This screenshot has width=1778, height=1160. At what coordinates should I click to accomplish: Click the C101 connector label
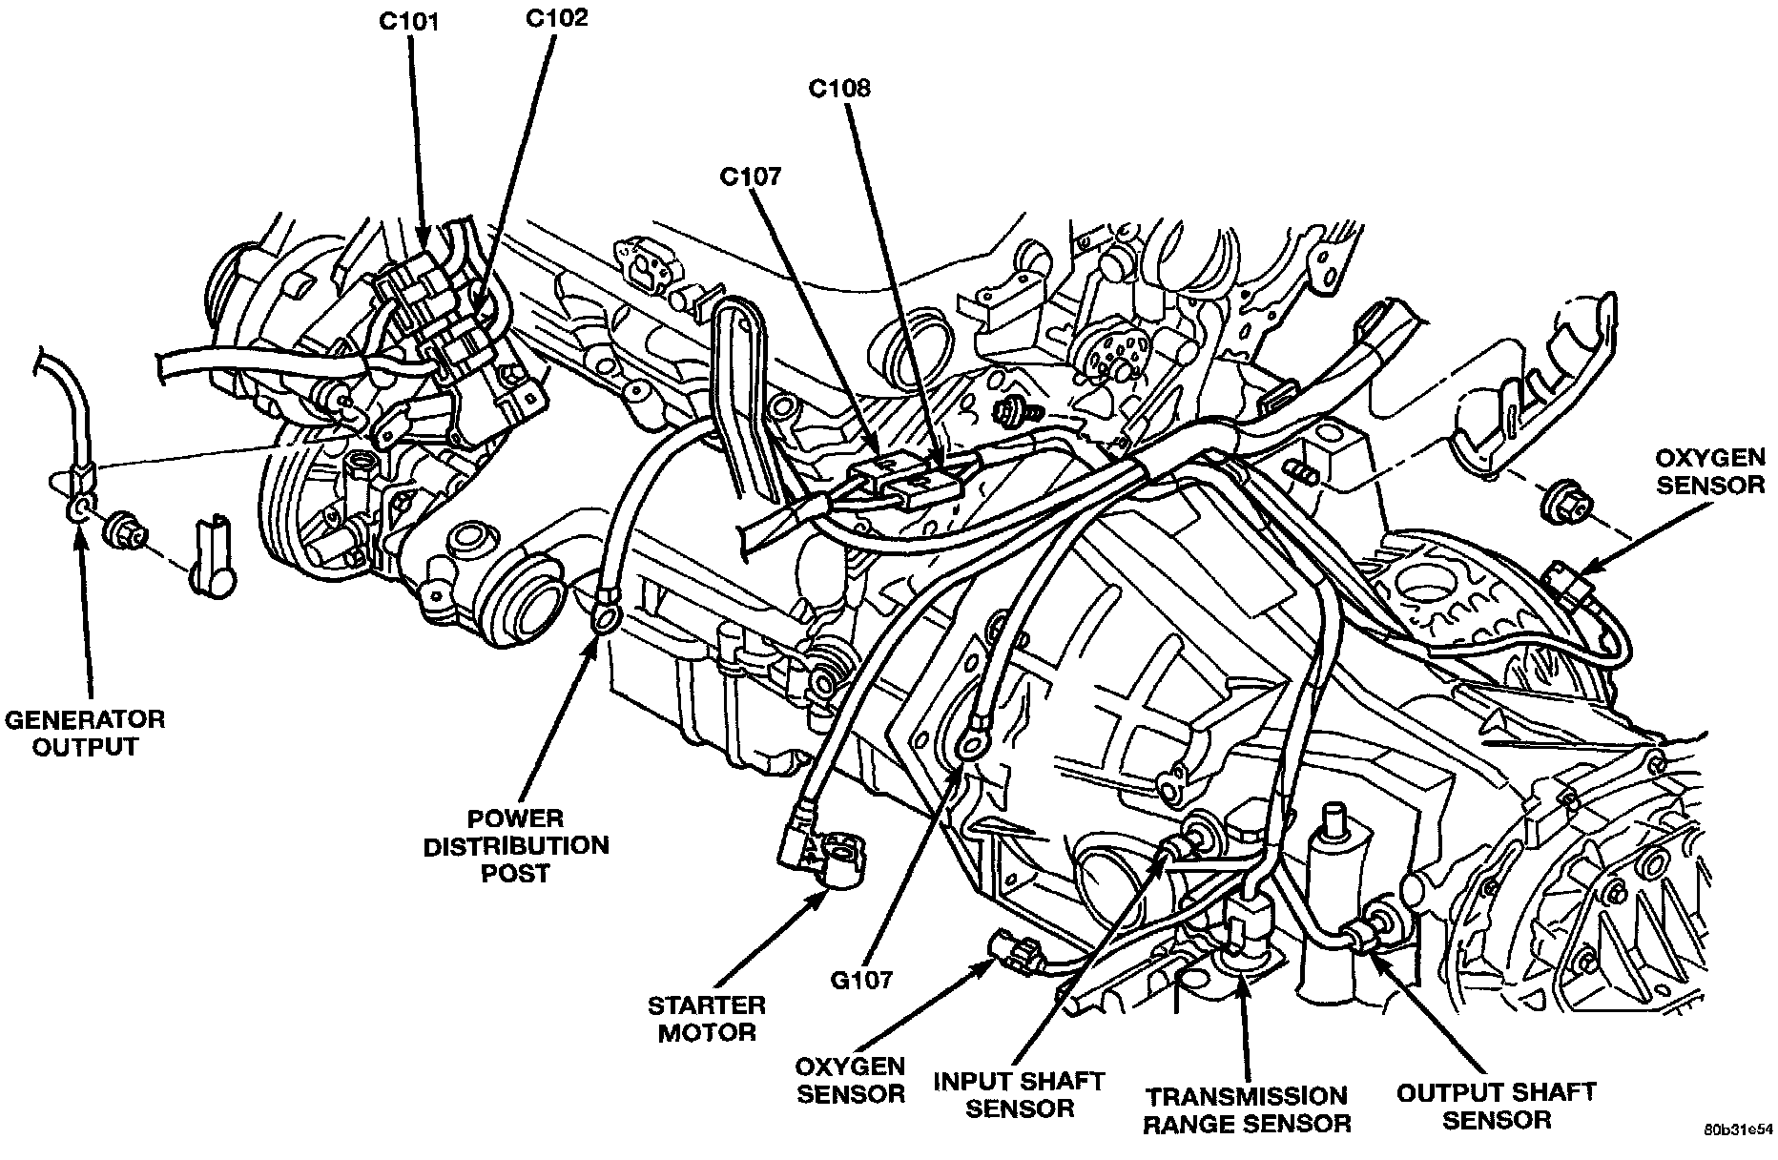pos(408,21)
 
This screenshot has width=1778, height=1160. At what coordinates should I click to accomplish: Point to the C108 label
pos(839,89)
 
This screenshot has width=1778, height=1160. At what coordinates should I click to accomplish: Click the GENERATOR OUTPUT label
pos(85,732)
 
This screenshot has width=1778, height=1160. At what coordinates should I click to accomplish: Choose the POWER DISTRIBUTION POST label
pos(515,845)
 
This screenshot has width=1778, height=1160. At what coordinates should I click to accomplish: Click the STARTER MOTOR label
pos(707,1018)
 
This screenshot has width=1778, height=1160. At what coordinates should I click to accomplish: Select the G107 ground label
pos(860,980)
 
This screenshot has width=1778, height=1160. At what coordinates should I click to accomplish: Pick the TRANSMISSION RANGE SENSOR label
pos(1247,1109)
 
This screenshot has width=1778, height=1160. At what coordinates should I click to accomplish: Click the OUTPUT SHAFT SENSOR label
pos(1496,1105)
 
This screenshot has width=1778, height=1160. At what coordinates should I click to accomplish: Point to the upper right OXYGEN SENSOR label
pos(1709,471)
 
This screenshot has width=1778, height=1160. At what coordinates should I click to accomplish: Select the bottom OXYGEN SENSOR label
pos(852,1079)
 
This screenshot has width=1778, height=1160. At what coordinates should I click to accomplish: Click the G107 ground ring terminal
pos(972,745)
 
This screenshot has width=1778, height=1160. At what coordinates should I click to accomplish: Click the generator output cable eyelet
pos(79,506)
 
